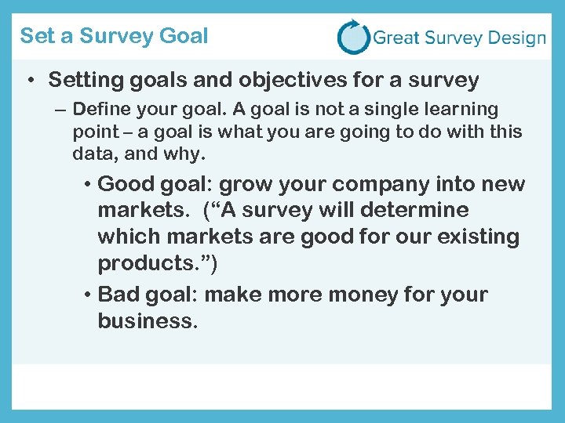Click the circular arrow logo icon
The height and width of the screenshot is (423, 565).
click(353, 37)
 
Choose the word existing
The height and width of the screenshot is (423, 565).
click(476, 237)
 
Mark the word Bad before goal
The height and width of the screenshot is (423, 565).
click(118, 295)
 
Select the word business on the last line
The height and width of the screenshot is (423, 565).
click(144, 321)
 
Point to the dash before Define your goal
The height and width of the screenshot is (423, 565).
click(60, 110)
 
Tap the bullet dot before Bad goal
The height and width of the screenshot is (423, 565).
click(89, 295)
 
